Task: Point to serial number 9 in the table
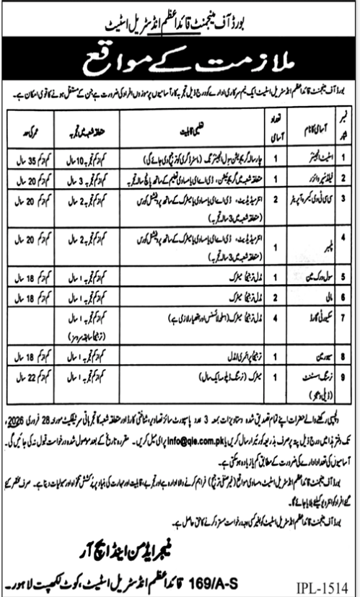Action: pos(345,375)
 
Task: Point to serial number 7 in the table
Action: pos(345,315)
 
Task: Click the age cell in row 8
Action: pos(30,355)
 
